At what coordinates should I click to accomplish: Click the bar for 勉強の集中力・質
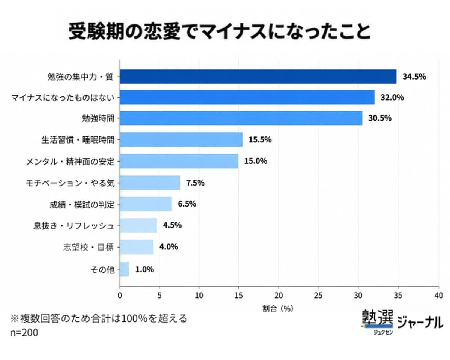coord(258,76)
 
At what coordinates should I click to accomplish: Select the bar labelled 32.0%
coord(247,97)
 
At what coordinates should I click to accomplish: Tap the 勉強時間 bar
coord(241,118)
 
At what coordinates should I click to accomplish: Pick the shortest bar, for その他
coord(124,269)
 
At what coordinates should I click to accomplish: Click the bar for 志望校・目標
coord(136,247)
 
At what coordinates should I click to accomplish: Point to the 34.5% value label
coord(414,76)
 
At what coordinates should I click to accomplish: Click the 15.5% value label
coord(260,139)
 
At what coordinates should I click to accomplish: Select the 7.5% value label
coord(195,183)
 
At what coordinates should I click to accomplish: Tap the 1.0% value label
coord(144,269)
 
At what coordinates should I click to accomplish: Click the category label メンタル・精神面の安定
coord(70,162)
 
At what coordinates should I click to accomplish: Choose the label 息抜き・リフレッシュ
coord(74,226)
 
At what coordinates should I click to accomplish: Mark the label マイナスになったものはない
coord(63,97)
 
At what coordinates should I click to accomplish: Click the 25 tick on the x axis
coord(318,295)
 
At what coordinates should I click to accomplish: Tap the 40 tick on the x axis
coord(438,295)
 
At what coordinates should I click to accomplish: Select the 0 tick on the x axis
coord(120,295)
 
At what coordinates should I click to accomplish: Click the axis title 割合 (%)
coord(278,309)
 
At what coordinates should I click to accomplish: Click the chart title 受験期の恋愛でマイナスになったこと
coord(220,31)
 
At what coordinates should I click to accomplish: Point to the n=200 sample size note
coord(24,333)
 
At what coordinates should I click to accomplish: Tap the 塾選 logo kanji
coord(377,317)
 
